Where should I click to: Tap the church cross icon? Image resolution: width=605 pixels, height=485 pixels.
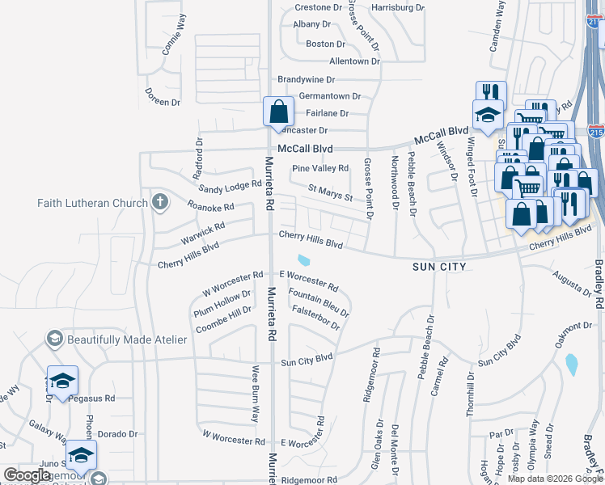pyautogui.click(x=160, y=202)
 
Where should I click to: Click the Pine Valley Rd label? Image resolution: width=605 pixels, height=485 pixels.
pyautogui.click(x=320, y=168)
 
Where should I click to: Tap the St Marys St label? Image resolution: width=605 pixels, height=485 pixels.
pyautogui.click(x=331, y=193)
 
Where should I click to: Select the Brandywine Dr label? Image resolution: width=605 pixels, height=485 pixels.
pyautogui.click(x=306, y=79)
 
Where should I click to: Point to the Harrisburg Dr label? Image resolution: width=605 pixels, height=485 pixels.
pyautogui.click(x=397, y=7)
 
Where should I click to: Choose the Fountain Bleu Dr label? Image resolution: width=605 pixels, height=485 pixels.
pyautogui.click(x=319, y=303)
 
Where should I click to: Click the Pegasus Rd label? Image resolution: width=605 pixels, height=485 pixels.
pyautogui.click(x=91, y=399)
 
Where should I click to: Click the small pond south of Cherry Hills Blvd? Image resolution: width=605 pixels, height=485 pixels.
pyautogui.click(x=305, y=260)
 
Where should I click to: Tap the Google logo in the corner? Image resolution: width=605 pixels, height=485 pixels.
pyautogui.click(x=27, y=475)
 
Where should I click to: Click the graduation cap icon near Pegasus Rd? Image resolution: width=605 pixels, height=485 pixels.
pyautogui.click(x=62, y=380)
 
